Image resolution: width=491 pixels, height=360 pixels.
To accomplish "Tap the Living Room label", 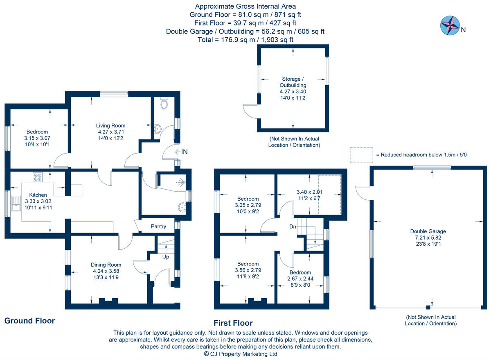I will (x=110, y=126).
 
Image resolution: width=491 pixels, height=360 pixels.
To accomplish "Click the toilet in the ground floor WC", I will (x=164, y=104).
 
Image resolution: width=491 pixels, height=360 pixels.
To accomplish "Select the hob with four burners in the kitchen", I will (x=38, y=177).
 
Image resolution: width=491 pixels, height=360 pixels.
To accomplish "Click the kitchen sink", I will (x=16, y=204).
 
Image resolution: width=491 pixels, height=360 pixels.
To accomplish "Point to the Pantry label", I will (x=158, y=226).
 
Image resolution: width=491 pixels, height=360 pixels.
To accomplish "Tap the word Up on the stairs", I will (x=166, y=257).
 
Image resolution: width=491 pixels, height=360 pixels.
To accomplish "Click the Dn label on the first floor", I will (x=293, y=226).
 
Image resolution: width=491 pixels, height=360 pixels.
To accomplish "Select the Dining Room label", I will (x=106, y=265).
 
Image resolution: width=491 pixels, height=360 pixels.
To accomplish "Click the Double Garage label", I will (x=428, y=231).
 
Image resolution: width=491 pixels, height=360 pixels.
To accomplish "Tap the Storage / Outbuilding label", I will (x=293, y=82).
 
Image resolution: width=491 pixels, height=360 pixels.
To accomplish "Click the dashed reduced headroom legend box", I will (x=361, y=155).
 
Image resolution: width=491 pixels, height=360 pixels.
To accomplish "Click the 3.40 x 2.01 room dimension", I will (x=309, y=192).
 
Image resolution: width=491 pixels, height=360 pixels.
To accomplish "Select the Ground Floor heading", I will (x=29, y=321).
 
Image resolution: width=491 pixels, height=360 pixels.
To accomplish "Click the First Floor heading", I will (x=233, y=323).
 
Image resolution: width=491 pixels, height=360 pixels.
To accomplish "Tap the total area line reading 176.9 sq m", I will (x=245, y=40).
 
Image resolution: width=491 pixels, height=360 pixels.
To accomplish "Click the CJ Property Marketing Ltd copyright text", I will (x=241, y=354).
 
